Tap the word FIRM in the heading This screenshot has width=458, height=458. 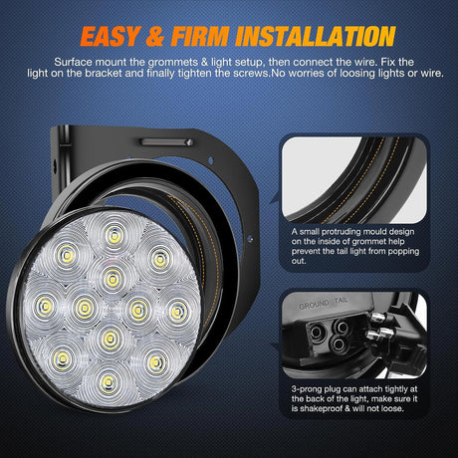(x=208, y=37)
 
